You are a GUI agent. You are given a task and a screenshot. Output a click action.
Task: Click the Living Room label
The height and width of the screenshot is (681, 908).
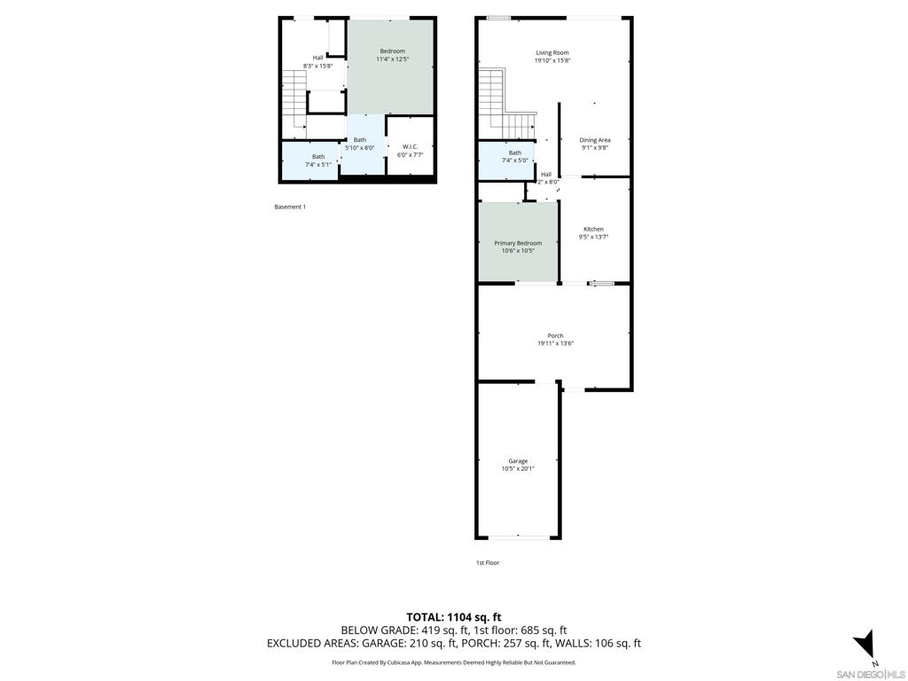(x=552, y=52)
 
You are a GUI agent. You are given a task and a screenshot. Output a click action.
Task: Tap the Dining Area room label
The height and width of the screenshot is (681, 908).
(x=595, y=140)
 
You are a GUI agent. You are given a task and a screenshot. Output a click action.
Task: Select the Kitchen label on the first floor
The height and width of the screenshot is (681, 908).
(x=593, y=229)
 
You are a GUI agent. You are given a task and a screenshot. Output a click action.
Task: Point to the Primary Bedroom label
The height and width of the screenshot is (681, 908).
(x=518, y=243)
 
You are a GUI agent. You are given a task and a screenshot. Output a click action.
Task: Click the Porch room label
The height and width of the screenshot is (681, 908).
(x=555, y=335)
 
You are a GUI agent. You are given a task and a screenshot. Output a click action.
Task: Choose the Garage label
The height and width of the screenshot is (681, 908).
(x=518, y=461)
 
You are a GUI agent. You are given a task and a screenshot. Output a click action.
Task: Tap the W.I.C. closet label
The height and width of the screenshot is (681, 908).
(x=410, y=146)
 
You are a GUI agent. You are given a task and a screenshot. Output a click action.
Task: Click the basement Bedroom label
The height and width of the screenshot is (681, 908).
(x=392, y=51)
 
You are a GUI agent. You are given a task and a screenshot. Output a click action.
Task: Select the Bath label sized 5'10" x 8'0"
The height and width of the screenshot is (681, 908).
(x=360, y=139)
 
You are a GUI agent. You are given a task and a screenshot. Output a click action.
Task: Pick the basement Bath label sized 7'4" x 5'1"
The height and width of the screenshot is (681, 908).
(x=317, y=157)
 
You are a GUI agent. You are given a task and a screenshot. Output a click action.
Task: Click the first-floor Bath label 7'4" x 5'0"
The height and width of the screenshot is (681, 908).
(x=515, y=153)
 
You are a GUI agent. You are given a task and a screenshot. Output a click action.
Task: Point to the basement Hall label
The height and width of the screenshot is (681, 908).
(x=317, y=58)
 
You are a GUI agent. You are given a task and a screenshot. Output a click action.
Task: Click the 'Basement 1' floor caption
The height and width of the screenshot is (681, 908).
(x=290, y=207)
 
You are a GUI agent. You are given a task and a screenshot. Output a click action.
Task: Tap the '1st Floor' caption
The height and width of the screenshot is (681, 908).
(x=487, y=562)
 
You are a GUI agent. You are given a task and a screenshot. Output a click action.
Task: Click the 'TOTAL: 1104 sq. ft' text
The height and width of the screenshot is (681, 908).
(x=453, y=617)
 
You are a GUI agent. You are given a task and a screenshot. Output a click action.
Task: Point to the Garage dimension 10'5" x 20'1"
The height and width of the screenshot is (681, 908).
(x=518, y=469)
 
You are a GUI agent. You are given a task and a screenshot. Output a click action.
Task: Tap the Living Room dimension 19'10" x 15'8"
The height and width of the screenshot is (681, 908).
(x=552, y=60)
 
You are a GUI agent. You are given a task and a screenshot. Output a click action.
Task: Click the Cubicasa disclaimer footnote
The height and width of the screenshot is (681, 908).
(x=453, y=662)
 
